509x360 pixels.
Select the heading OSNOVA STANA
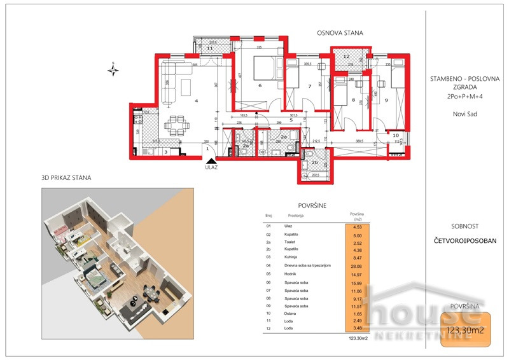[x=340, y=32]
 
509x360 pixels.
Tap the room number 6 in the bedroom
[x=260, y=85]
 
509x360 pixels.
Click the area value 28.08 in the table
[x=356, y=267]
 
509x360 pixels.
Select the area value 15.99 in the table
[x=356, y=283]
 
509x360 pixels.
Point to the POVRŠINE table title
[x=312, y=205]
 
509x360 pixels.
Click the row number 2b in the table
[x=269, y=251]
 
